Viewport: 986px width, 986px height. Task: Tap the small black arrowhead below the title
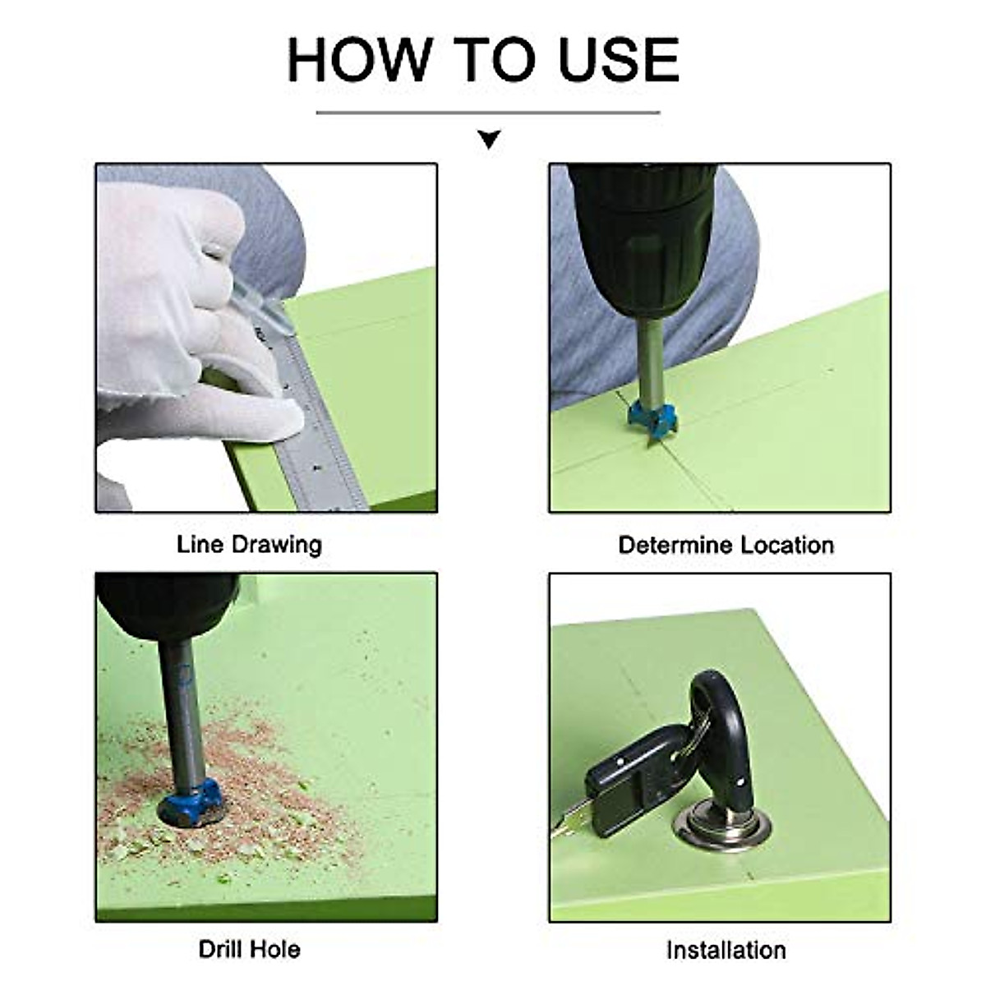[x=490, y=139]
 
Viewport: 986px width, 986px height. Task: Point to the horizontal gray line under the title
[x=488, y=113]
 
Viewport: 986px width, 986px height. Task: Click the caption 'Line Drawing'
[x=249, y=545]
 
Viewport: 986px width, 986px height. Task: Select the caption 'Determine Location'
[x=726, y=545]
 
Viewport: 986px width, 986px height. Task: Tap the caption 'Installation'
[x=726, y=936]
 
